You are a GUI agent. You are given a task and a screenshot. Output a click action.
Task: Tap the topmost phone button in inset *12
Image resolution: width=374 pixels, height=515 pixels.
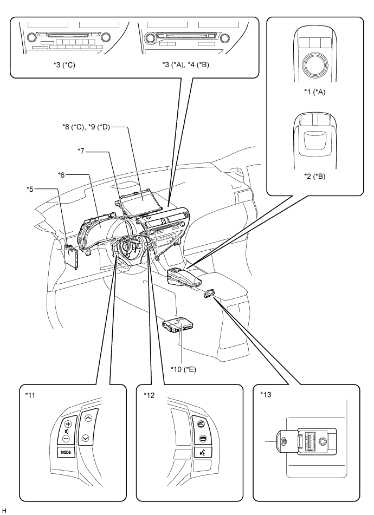201,422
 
